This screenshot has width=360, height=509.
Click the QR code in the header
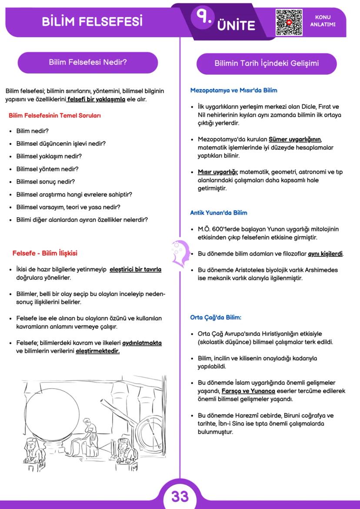pos(289,21)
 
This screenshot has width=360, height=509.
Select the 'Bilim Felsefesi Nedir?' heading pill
pos(87,63)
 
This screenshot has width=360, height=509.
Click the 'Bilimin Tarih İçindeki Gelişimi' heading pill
pos(267,63)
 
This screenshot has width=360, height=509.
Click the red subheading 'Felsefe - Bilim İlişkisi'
pos(45,253)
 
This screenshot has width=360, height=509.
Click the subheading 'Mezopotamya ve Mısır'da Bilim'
pos(233,91)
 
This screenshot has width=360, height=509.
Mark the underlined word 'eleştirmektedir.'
pos(98,351)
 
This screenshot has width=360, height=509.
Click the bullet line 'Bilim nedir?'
pos(32,131)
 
